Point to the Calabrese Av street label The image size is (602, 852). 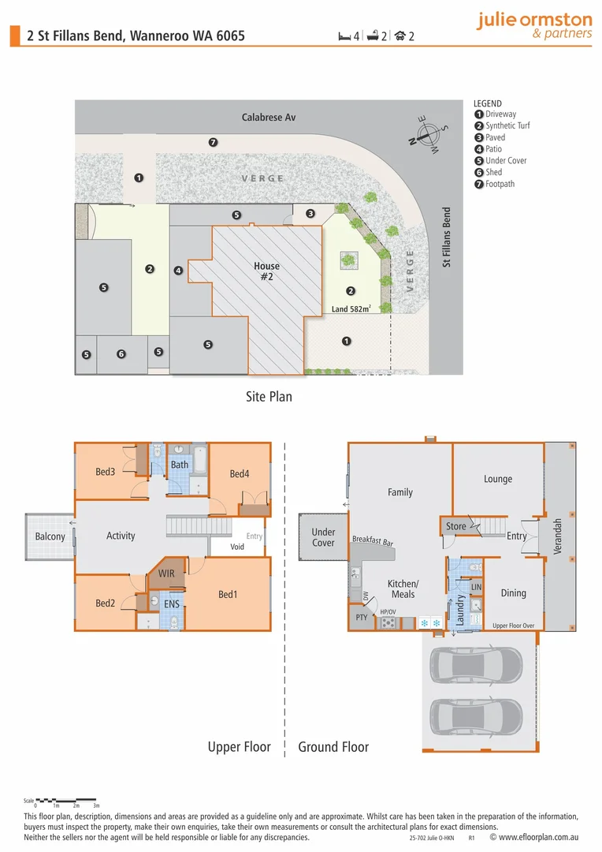268,118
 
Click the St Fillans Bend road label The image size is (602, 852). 447,237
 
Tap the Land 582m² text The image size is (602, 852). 351,308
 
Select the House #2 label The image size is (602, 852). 266,271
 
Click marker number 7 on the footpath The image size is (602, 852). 213,143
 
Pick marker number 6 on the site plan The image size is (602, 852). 121,355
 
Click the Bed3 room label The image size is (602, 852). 106,472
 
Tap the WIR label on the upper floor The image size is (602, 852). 166,574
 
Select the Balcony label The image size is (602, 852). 50,536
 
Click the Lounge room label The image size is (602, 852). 497,479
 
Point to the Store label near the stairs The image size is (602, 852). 455,526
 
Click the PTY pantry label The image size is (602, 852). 362,617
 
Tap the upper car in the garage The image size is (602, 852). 477,664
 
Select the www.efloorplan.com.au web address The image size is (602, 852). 541,837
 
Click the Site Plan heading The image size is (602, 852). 269,396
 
